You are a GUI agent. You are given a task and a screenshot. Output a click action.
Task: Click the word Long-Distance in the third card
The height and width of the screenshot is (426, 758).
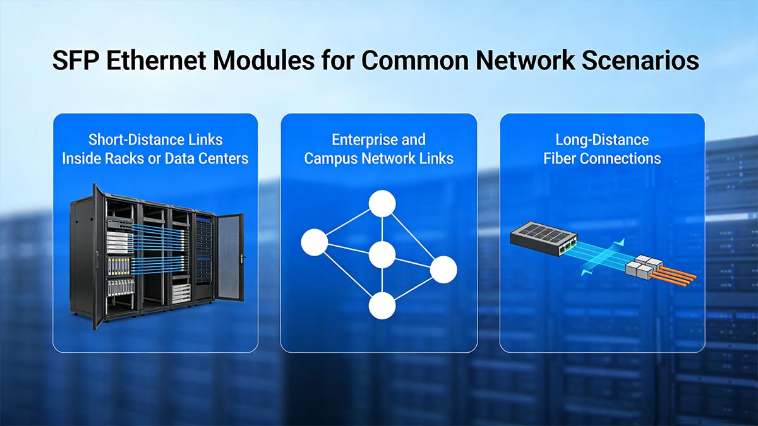[x=602, y=139]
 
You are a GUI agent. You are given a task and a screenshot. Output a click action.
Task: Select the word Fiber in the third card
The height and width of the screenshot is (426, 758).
[x=560, y=158]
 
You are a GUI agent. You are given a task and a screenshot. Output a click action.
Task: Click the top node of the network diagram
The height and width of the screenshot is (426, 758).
[x=382, y=204]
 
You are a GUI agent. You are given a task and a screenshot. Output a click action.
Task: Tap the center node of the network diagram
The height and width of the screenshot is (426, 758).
[x=382, y=255]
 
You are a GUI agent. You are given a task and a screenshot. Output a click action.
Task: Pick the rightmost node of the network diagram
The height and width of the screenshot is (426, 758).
[x=443, y=269]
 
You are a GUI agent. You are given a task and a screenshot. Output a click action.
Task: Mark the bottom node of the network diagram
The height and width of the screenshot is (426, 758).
[x=382, y=306]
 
